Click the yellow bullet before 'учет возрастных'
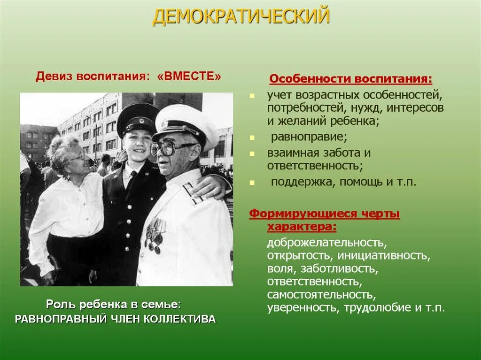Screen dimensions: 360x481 tap(252, 95)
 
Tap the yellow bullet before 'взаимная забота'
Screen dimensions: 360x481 tap(252, 153)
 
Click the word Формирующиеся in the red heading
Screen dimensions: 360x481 tap(299, 214)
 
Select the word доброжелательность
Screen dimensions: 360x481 tap(327, 243)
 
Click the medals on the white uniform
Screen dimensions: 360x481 tap(155, 233)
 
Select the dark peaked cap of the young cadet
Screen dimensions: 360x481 tap(138, 117)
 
